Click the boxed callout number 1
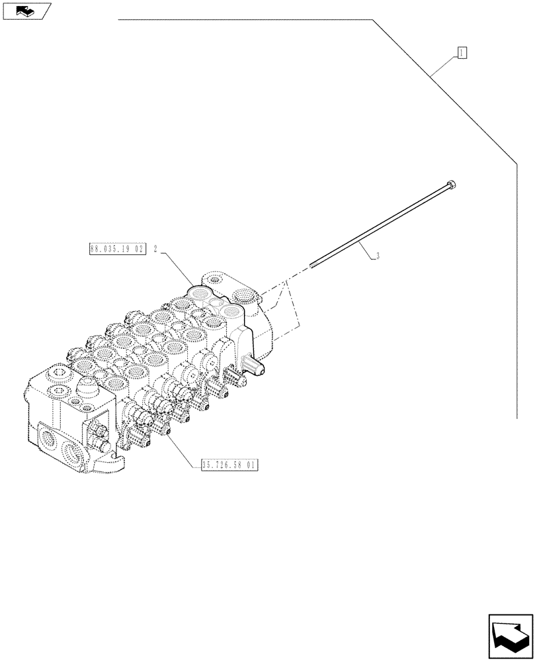[x=462, y=53]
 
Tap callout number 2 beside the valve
[x=155, y=250]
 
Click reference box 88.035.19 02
[x=116, y=250]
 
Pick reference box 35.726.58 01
[x=229, y=465]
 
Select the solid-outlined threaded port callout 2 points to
[x=199, y=291]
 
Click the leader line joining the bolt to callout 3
[x=368, y=251]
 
